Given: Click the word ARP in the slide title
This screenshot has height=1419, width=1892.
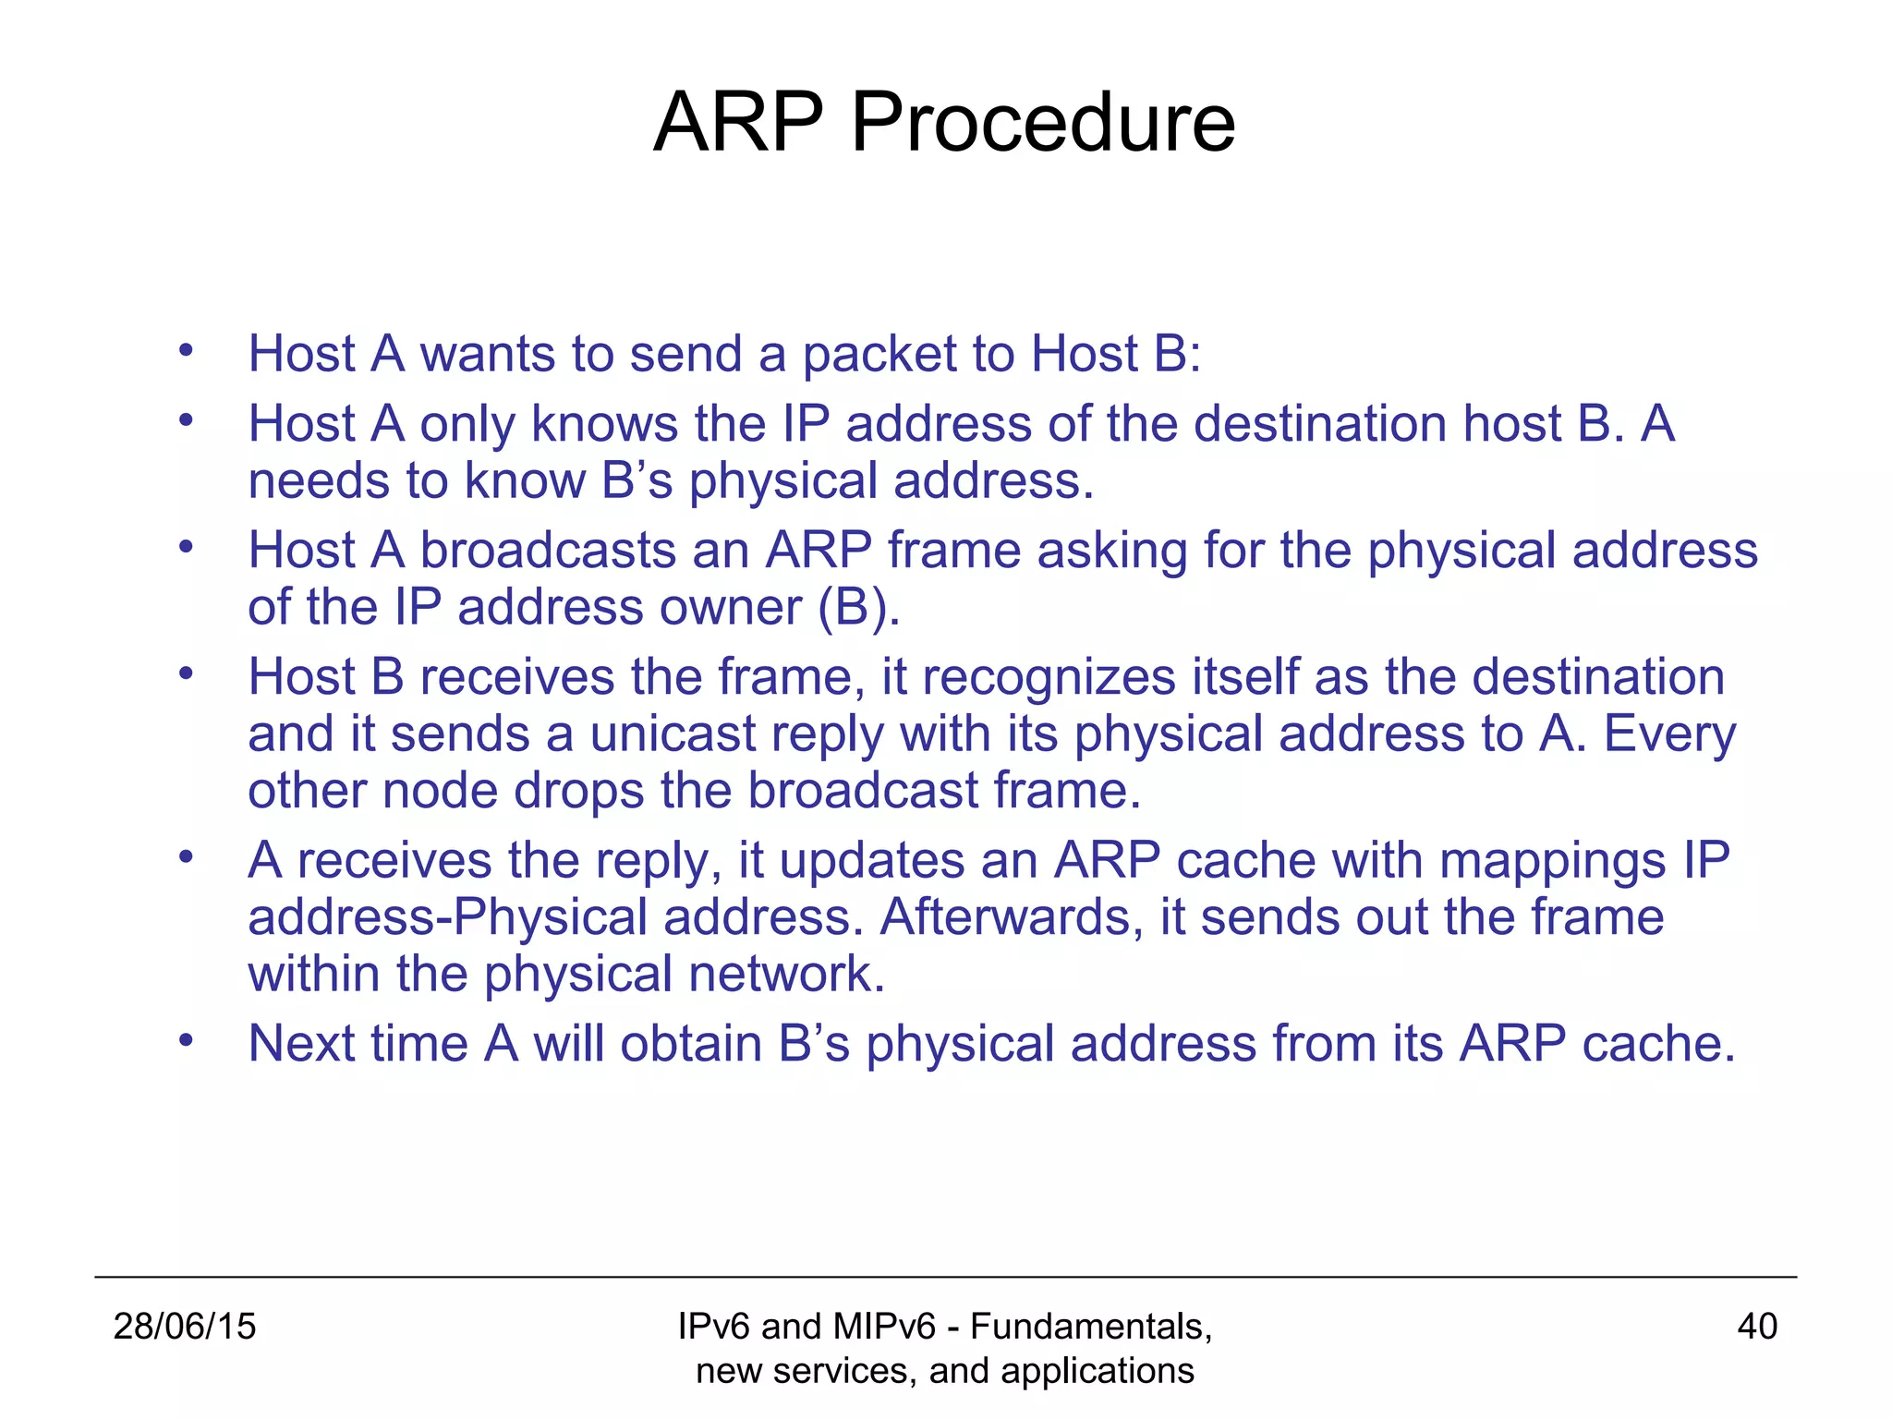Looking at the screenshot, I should pos(737,123).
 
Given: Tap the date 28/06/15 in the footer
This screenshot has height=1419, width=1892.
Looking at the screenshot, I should pos(184,1327).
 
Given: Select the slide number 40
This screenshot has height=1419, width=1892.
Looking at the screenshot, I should pos(1756,1327).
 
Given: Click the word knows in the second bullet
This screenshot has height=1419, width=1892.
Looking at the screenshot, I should pos(604,425).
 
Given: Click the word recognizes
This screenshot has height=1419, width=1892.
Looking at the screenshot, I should pos(1048,678).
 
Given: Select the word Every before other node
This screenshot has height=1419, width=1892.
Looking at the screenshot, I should pos(1669,735).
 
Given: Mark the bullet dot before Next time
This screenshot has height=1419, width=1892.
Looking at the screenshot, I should pos(186,1041).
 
